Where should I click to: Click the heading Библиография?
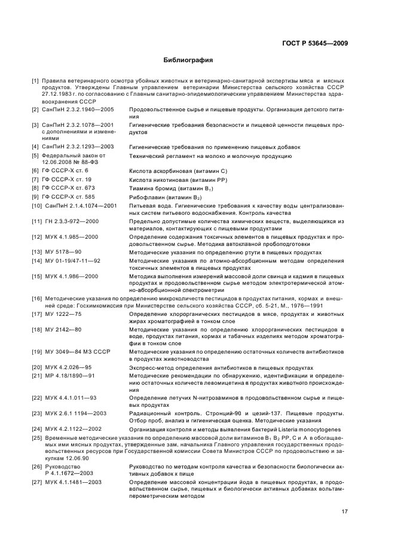188,60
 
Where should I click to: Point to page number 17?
345,510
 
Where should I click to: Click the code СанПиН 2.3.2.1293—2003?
75,147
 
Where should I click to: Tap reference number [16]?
37,297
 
